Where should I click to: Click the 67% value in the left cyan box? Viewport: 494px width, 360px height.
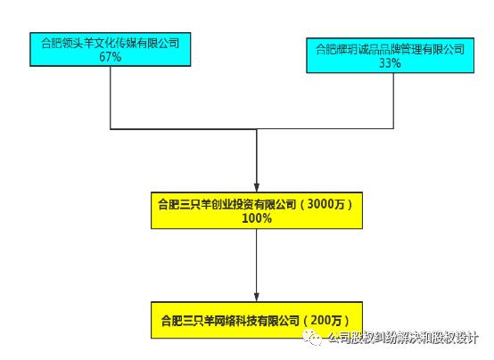point(111,57)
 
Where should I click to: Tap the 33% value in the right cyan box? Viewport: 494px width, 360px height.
point(390,63)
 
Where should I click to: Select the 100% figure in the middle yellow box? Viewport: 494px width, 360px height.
point(257,218)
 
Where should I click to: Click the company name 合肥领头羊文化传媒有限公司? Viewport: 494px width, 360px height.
point(111,43)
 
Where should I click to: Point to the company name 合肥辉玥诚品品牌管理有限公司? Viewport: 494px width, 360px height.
point(390,49)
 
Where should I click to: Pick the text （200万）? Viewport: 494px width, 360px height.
point(325,321)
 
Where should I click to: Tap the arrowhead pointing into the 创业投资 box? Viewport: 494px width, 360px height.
point(257,186)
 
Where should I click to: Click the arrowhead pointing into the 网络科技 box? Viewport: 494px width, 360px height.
point(257,297)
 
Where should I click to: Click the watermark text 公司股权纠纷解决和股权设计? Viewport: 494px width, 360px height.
point(403,338)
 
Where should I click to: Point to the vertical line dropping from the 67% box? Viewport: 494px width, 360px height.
point(111,98)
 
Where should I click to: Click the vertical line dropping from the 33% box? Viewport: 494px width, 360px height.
point(393,101)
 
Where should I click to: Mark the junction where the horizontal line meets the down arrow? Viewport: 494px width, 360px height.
point(257,129)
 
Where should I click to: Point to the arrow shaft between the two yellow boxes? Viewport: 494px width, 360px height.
point(257,260)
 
